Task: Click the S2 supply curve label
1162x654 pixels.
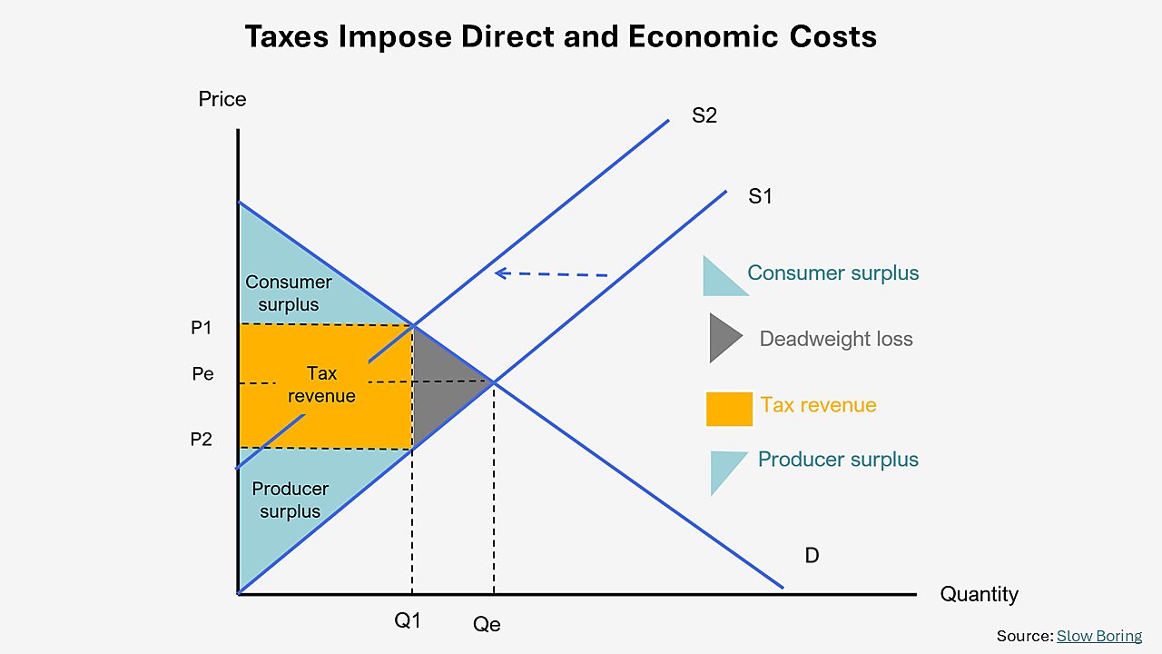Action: [704, 116]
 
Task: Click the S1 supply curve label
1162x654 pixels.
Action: [760, 195]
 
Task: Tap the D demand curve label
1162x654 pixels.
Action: [812, 555]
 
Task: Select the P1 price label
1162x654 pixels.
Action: [201, 328]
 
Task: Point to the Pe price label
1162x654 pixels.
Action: [203, 373]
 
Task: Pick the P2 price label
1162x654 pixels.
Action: [201, 440]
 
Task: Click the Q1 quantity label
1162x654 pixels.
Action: [408, 621]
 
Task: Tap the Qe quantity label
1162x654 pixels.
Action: [487, 624]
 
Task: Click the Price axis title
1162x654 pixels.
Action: [222, 99]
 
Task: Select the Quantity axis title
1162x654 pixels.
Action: [979, 594]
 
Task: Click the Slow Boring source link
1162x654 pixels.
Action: [1098, 636]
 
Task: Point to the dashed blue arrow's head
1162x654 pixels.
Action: [497, 272]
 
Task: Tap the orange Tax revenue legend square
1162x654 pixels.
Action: [729, 409]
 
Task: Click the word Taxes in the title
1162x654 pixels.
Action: [290, 36]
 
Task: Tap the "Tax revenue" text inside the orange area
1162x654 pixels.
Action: [321, 384]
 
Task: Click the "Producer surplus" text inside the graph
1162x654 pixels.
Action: [290, 500]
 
